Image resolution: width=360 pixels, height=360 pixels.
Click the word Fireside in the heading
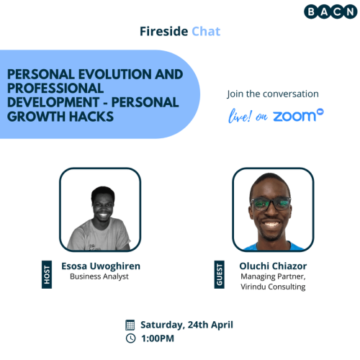pos(163,32)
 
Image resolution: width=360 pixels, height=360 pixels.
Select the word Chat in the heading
pos(206,32)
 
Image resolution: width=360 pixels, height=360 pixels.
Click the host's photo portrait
pos(99,209)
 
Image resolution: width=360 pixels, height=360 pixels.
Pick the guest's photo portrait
pos(272,209)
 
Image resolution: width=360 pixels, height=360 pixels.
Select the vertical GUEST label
pos(220,276)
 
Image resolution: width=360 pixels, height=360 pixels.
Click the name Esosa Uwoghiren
pos(99,266)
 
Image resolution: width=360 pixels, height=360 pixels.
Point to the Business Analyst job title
pos(99,276)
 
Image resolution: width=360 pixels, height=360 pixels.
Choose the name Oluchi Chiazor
pos(273,266)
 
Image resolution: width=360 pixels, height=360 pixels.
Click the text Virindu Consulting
pos(273,287)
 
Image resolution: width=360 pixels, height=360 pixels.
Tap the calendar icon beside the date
pos(130,324)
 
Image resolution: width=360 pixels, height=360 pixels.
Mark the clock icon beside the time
pos(130,338)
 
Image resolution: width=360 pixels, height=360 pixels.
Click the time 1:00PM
pos(160,338)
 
